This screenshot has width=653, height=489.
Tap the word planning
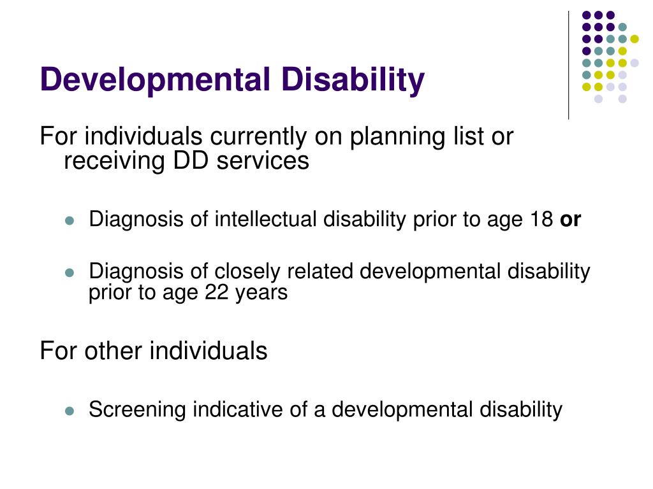tap(395, 136)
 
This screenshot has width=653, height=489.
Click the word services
tap(262, 161)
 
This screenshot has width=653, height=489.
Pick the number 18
tap(541, 220)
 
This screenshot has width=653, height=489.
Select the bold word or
tap(570, 220)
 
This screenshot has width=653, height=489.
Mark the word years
tap(261, 293)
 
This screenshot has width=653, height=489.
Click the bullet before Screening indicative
tap(70, 411)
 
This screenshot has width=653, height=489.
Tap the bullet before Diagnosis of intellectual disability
tap(70, 221)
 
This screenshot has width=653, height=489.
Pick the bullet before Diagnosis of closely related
tap(70, 273)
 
